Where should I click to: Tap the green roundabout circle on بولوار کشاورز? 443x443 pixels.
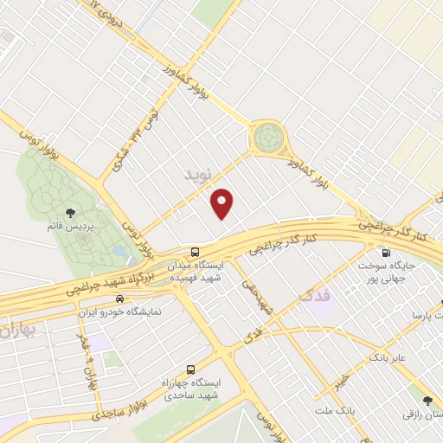[x=269, y=138]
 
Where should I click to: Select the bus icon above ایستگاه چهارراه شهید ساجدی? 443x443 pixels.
[x=191, y=368]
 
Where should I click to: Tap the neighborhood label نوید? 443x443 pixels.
[x=198, y=176]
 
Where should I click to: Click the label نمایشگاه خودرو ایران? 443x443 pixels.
[x=127, y=310]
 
